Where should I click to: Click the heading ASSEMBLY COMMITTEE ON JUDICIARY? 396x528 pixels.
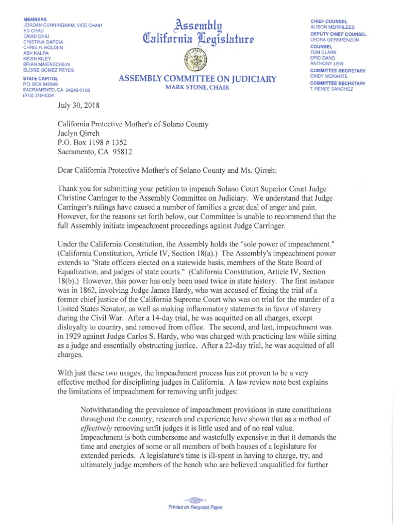(197, 79)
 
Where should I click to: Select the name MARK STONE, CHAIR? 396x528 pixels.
(197, 87)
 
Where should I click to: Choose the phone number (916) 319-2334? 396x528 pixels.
(38, 95)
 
